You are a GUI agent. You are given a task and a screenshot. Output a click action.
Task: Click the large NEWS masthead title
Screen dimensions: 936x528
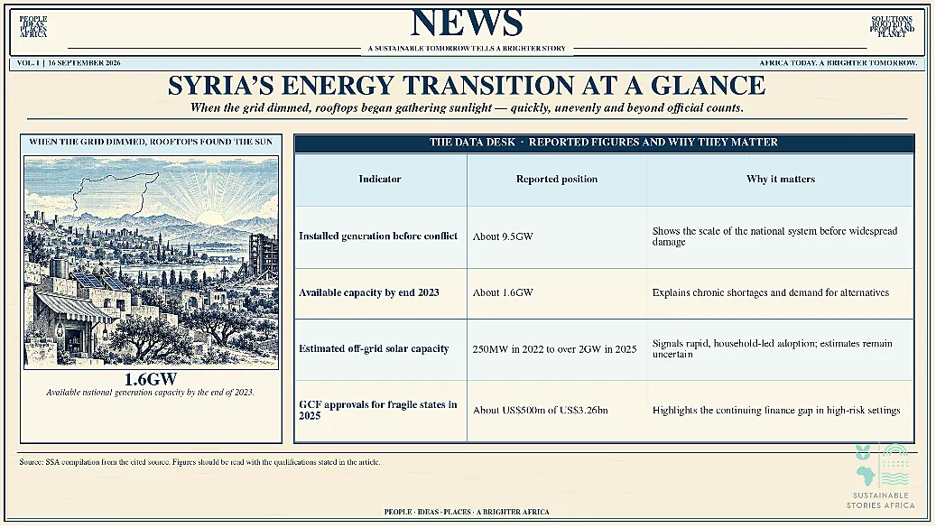[x=467, y=23]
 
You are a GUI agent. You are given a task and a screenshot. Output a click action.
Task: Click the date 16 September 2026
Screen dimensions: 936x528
[x=84, y=62]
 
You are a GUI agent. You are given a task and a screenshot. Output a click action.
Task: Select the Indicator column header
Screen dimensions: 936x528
[x=380, y=179]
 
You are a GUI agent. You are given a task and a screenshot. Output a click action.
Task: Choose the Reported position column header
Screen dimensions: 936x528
[x=556, y=179]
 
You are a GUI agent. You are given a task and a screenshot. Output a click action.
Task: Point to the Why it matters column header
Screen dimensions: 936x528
[x=780, y=179]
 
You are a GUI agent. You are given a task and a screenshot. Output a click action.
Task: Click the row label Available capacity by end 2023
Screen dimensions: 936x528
[x=369, y=292]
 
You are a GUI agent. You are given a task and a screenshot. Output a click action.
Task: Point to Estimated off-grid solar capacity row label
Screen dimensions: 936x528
[x=374, y=348]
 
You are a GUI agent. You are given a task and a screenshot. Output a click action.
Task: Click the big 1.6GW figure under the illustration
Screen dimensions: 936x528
[x=151, y=379]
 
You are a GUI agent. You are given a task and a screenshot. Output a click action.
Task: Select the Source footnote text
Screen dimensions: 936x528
[x=199, y=462]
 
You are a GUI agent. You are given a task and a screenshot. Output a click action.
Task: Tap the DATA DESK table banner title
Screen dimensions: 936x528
[x=604, y=143]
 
